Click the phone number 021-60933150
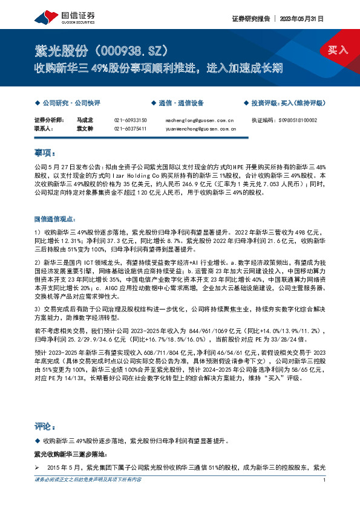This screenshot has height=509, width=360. click(x=130, y=120)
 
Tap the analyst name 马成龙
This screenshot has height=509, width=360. click(x=83, y=120)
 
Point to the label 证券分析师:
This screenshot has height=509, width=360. click(x=49, y=120)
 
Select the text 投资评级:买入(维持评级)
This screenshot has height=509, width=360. click(x=286, y=103)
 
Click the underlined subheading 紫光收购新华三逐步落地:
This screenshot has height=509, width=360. click(x=70, y=453)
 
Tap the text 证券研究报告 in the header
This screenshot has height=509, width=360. click(x=250, y=19)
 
